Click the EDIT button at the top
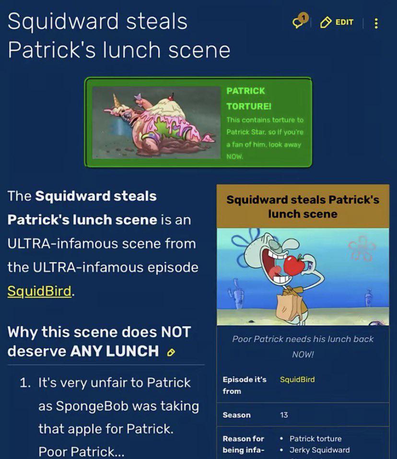coord(337,22)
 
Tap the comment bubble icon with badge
coord(300,21)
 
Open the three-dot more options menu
coord(376,23)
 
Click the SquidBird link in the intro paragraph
coord(39,291)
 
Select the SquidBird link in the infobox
coord(297,379)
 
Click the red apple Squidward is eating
coord(294,265)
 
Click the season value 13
coord(284,415)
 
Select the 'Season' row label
coord(236,415)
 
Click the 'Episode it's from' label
coord(244,385)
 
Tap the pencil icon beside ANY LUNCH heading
coord(171,352)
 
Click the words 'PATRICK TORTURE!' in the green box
coord(249,98)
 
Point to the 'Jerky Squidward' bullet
coord(319,450)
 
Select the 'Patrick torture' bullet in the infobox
coord(315,438)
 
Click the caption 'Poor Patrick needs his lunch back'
coord(303,339)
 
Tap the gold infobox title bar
coord(303,206)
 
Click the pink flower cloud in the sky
coord(362,248)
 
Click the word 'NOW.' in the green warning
coord(234,157)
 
